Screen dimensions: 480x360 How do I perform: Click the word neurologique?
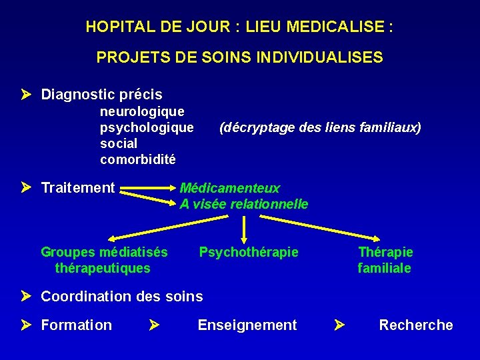pos(142,111)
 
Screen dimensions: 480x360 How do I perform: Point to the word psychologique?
pos(147,127)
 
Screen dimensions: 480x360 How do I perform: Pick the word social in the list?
pos(119,143)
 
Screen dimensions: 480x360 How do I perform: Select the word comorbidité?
pos(138,159)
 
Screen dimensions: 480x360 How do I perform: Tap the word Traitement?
pos(78,188)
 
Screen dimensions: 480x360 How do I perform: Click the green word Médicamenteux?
pos(230,188)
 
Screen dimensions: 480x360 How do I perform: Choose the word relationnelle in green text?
pos(269,204)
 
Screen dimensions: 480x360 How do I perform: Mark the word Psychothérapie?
pos(249,252)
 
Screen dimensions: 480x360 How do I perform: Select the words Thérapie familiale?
pos(385,260)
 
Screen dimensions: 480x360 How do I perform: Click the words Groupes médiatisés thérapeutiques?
pos(104,260)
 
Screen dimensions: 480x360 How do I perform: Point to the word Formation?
pos(77,325)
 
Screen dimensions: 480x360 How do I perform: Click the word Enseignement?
pos(247,325)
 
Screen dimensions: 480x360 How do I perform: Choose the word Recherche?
pos(416,325)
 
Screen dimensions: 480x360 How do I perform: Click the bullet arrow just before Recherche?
pos(339,325)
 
